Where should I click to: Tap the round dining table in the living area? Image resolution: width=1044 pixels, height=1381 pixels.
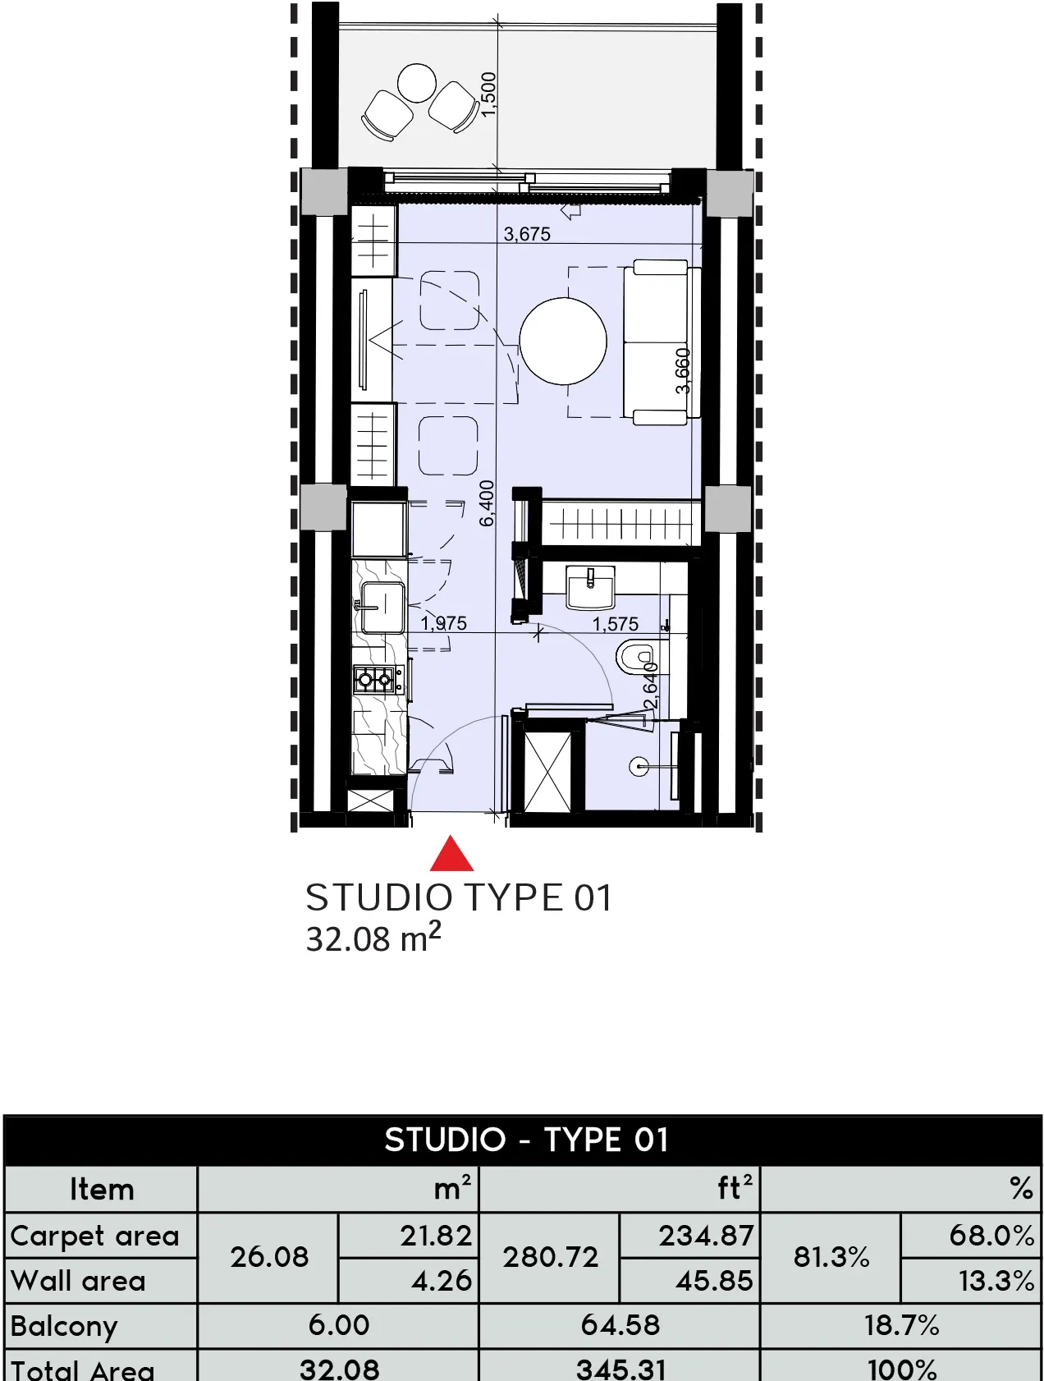coord(563,341)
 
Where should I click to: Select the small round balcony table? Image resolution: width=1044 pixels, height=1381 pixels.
coord(417,83)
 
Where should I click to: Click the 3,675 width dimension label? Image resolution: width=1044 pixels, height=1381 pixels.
coord(527,234)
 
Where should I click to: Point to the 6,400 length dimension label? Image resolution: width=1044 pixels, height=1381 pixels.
coord(487,503)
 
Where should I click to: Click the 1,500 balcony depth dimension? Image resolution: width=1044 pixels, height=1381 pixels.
coord(488,94)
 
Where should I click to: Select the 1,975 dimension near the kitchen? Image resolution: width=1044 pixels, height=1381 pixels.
coord(444,623)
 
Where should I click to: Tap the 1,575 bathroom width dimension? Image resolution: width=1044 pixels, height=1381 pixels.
coord(615,624)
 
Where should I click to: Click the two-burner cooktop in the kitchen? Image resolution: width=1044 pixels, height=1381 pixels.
coord(376,680)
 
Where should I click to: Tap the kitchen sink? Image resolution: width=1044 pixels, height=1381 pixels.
coord(382,608)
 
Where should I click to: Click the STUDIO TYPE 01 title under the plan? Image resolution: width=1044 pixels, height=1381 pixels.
coord(459,897)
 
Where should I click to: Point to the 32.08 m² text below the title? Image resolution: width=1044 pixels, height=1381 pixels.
coord(373,938)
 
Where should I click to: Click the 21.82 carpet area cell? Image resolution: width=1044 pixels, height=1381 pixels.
coord(436,1236)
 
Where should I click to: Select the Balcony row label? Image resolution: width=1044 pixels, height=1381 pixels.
coord(65,1325)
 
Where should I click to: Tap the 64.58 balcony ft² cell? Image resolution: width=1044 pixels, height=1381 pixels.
coord(620,1324)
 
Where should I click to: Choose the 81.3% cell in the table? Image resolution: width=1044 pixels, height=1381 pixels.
coord(831,1257)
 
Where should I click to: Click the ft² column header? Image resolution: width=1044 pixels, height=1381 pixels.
coord(735,1188)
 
